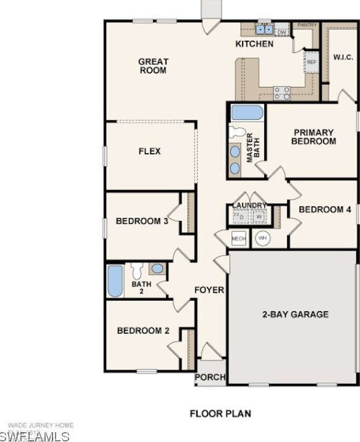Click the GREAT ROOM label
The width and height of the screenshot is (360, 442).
(153, 66)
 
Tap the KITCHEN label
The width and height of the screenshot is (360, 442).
(254, 44)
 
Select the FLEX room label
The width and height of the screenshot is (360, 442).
(149, 151)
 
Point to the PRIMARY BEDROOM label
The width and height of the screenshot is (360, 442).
(314, 136)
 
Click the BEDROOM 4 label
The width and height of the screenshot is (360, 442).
(325, 209)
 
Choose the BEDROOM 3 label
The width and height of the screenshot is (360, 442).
(143, 221)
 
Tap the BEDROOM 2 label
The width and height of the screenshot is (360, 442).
(143, 331)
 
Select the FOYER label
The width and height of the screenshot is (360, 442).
(209, 290)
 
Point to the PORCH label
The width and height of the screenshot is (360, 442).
(211, 377)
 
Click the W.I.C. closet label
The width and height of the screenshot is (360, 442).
(343, 57)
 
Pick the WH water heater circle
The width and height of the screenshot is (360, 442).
(263, 238)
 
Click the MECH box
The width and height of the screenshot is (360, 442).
(238, 238)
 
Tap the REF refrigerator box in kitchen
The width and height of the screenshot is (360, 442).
(312, 62)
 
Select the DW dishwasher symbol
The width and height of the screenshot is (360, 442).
(282, 30)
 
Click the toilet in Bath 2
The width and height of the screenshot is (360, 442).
(136, 270)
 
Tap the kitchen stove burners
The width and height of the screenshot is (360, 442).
(282, 93)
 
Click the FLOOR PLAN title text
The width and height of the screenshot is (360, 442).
(220, 414)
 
